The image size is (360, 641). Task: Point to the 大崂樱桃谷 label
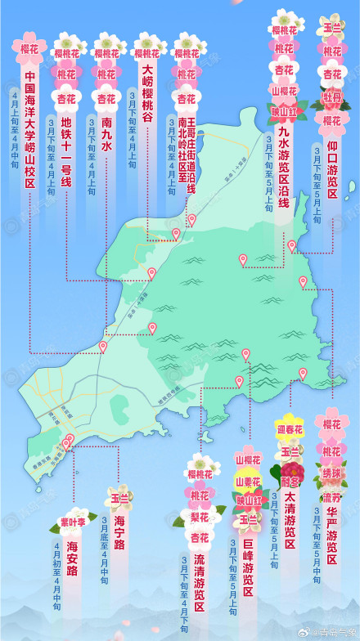[147, 94]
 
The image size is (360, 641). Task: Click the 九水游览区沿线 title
[284, 164]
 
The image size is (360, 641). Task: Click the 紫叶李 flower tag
[73, 521]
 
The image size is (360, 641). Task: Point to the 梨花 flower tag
[200, 517]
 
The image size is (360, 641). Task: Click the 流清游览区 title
[200, 582]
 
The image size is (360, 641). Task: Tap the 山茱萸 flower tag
[247, 482]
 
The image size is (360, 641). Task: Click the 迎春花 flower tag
[290, 429]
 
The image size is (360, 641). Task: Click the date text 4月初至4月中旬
[56, 577]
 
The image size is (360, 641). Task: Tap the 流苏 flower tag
[331, 497]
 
